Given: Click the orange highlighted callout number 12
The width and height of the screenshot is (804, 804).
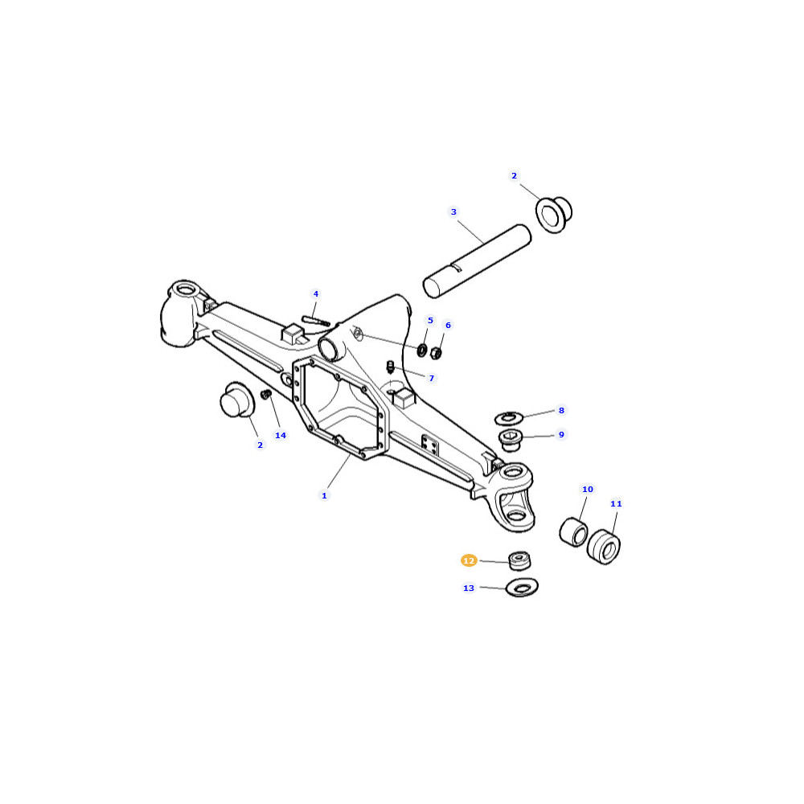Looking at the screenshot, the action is coord(469,561).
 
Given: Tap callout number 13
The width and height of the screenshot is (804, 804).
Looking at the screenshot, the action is coord(469,589).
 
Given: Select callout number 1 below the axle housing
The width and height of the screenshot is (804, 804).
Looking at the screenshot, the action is coord(324,496).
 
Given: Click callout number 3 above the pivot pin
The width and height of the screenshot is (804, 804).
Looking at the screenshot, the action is coord(453,211).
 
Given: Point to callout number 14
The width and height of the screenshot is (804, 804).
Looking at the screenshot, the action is coord(281,435).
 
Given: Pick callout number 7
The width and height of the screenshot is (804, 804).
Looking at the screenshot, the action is coord(432,379).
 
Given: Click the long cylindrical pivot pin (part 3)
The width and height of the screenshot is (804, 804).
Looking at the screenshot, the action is coord(477,261).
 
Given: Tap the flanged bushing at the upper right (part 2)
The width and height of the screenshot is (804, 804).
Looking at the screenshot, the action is coord(553,215).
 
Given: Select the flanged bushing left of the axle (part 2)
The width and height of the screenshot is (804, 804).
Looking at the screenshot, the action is coord(237,400).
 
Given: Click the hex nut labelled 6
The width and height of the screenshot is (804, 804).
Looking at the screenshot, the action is coord(436,353).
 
